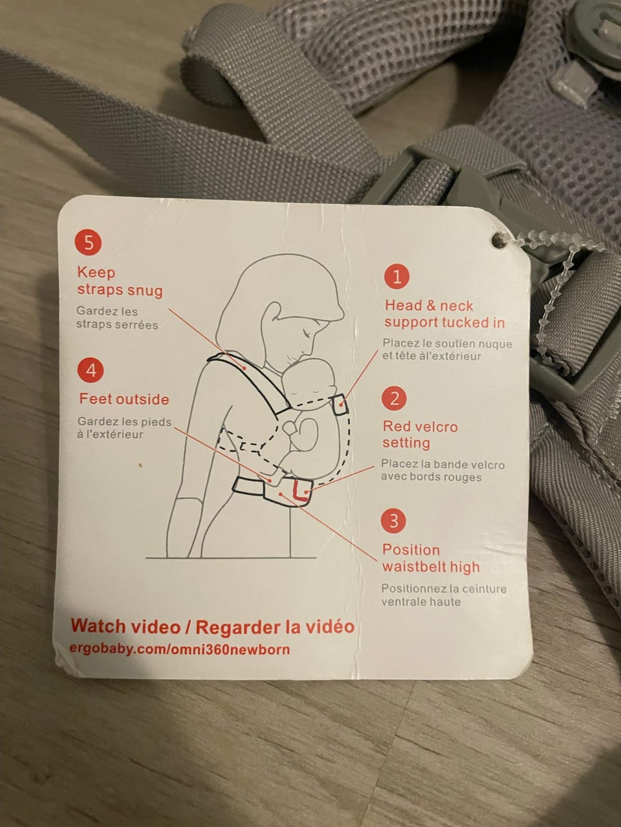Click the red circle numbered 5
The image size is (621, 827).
click(x=88, y=243)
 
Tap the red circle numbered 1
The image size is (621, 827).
click(x=397, y=276)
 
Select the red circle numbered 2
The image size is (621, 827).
click(x=394, y=399)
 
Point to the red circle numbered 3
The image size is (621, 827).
click(x=393, y=521)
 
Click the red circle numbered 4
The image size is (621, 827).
click(x=91, y=371)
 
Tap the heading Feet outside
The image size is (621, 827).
click(x=124, y=399)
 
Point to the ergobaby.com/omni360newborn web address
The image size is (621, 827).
click(x=180, y=649)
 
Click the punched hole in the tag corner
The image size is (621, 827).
click(x=499, y=240)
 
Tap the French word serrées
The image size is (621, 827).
click(x=137, y=324)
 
